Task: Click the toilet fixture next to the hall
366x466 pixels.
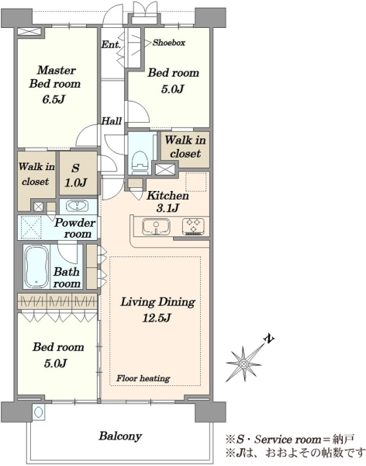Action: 140,162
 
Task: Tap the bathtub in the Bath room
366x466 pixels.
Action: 36,266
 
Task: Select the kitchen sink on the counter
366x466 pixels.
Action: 156,227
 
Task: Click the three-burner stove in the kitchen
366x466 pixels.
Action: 193,226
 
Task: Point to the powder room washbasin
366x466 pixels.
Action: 77,206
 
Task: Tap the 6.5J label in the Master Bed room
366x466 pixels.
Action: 54,99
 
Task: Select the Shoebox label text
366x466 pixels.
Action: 168,43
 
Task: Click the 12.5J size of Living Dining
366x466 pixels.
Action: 157,318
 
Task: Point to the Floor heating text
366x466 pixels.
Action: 143,378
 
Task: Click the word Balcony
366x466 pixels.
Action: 120,436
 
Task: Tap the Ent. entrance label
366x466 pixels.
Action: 111,44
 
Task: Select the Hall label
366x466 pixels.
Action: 112,121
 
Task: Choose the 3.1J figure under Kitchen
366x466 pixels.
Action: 167,208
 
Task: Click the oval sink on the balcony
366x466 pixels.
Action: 38,412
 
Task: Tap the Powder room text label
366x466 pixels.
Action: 74,228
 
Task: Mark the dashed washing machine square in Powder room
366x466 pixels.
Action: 30,228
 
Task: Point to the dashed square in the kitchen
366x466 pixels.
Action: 196,182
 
